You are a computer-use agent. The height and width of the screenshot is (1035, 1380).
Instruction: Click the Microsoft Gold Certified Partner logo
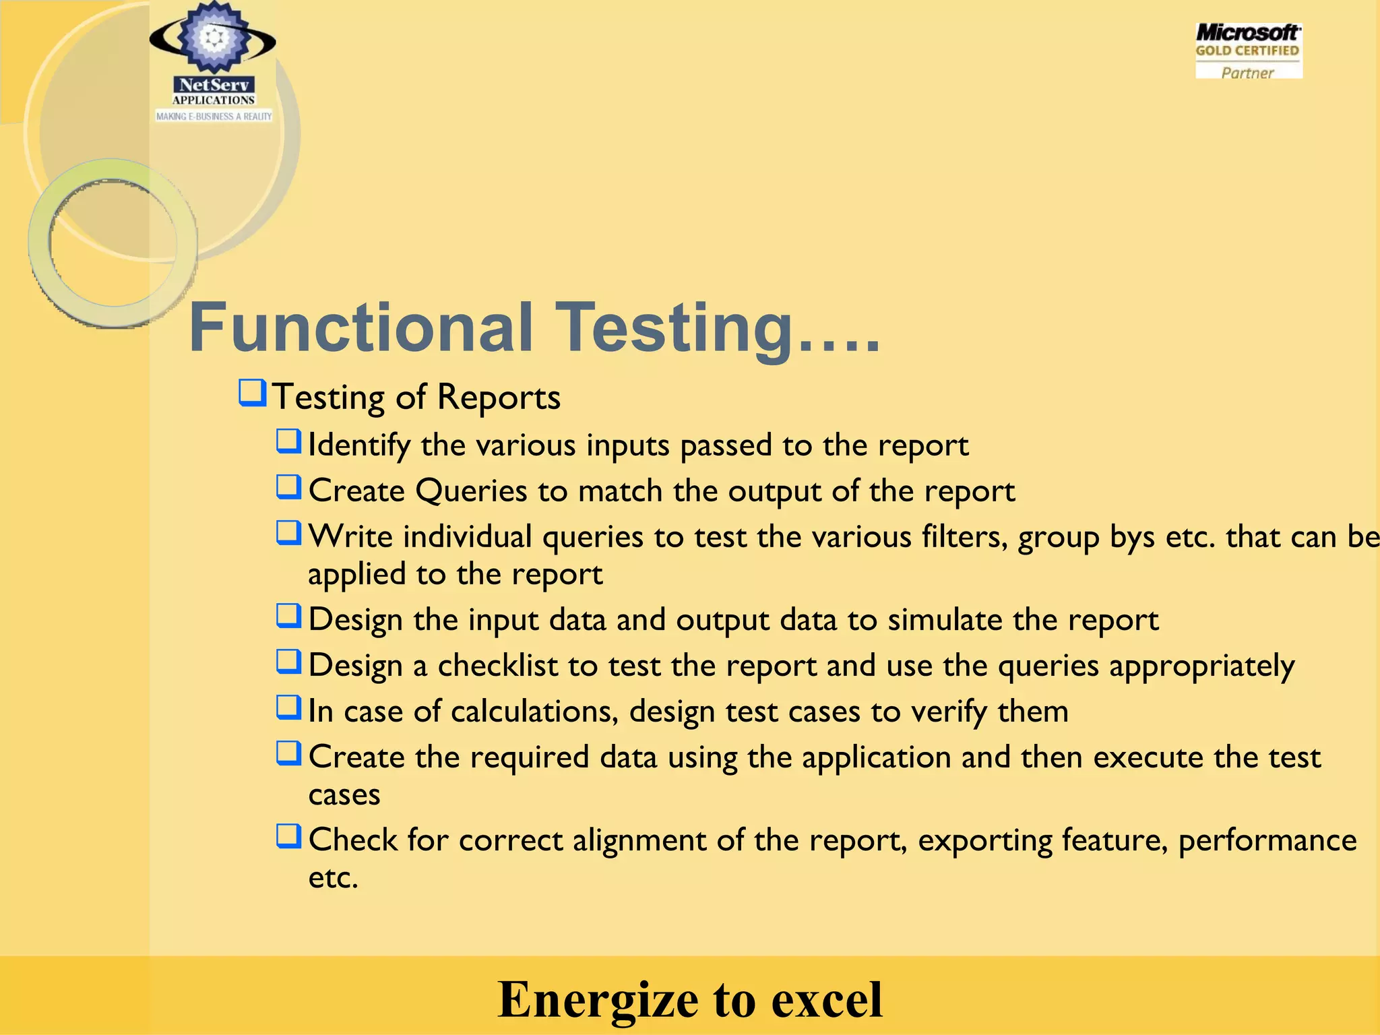(1248, 52)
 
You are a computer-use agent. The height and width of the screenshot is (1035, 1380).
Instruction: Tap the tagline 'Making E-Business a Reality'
(214, 117)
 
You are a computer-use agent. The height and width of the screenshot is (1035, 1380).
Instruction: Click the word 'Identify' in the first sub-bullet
(359, 446)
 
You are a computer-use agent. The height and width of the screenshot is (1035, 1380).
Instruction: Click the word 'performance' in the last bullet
(1267, 841)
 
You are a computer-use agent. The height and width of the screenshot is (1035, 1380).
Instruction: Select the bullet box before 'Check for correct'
(288, 836)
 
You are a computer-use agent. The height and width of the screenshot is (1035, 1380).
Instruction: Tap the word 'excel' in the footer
(826, 999)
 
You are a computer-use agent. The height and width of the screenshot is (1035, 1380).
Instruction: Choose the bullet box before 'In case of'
(288, 707)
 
